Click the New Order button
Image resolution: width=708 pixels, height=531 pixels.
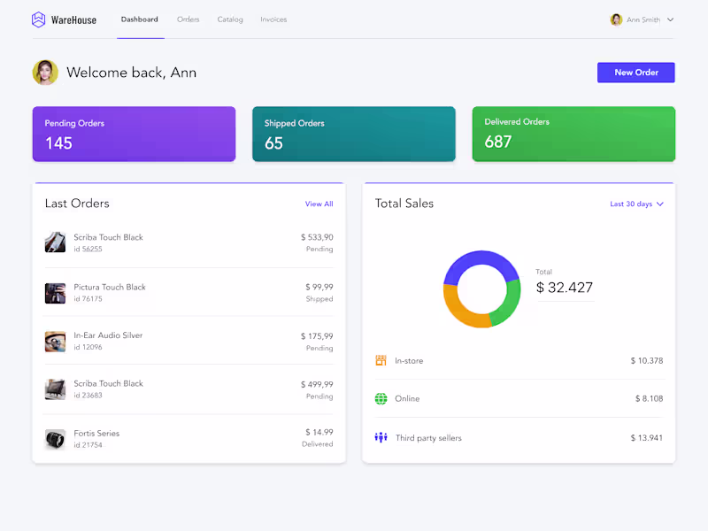click(x=635, y=73)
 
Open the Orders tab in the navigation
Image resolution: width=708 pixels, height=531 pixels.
click(x=188, y=19)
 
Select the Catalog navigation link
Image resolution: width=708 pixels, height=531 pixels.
click(x=230, y=19)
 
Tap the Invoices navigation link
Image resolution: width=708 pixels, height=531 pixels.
click(x=273, y=19)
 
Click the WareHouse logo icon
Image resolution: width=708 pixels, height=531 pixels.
click(x=38, y=19)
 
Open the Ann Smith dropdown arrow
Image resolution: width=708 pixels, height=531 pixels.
click(x=670, y=19)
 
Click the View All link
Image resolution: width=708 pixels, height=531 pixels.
click(x=319, y=204)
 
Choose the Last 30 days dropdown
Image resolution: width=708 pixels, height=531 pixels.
click(x=636, y=204)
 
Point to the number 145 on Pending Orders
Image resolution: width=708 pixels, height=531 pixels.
click(x=58, y=143)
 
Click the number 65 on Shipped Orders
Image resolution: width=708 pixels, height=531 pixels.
click(x=273, y=143)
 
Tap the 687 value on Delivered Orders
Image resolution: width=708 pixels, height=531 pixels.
click(x=498, y=142)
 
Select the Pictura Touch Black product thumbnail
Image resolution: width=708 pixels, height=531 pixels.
click(x=55, y=293)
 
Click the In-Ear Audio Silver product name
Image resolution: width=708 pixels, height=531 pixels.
click(x=108, y=335)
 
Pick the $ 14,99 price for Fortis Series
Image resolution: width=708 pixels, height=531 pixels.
click(x=319, y=432)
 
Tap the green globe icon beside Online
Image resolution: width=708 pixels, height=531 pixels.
click(x=381, y=399)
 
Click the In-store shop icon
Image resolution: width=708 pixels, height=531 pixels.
click(x=381, y=360)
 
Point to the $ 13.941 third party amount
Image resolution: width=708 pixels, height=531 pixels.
click(x=646, y=438)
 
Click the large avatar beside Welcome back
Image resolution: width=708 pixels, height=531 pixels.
click(x=45, y=73)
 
